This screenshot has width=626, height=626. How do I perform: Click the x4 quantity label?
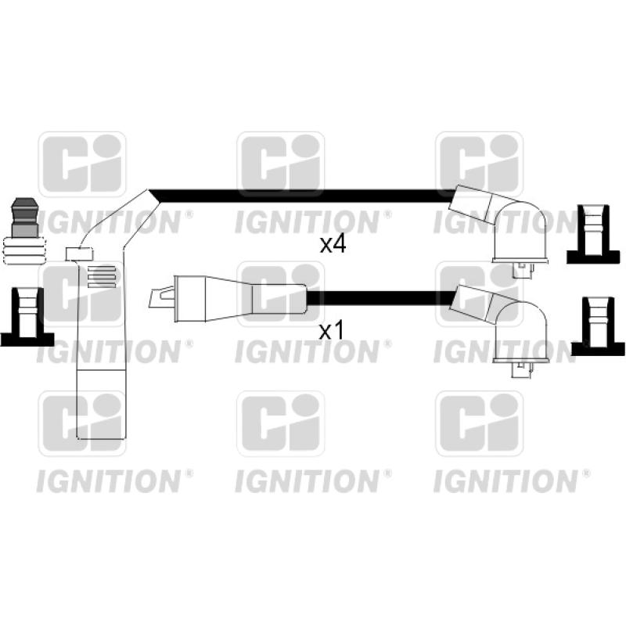333,245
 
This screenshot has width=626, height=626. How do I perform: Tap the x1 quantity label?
332,331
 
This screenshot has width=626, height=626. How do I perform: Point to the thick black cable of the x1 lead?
383,297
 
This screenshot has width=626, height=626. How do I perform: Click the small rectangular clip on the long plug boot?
78,253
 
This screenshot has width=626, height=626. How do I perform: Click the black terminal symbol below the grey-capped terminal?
26,317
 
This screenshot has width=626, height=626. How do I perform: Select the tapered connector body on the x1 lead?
235,297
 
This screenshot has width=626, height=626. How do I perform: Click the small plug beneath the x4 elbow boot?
521,269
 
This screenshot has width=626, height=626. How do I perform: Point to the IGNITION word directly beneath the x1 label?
308,352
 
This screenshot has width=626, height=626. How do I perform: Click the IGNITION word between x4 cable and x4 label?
308,222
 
